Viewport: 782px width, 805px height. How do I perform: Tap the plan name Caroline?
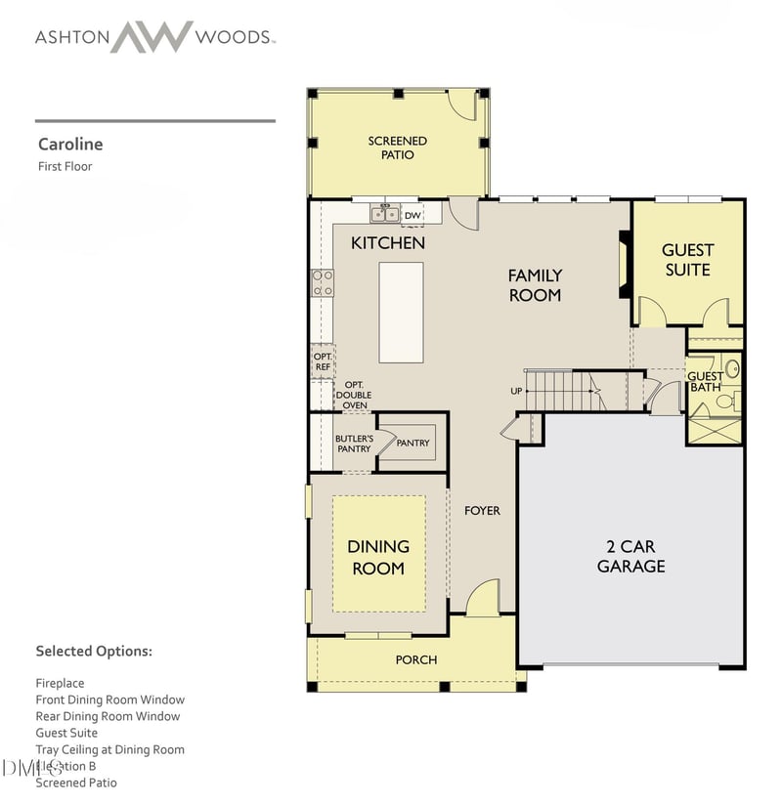coord(69,144)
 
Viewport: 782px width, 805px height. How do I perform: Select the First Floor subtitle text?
coord(65,166)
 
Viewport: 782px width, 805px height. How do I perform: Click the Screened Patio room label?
coord(397,148)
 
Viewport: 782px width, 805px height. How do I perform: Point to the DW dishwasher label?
coord(413,215)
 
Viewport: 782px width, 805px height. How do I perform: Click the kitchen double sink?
coord(384,214)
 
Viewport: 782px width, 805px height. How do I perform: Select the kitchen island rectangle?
coord(401,312)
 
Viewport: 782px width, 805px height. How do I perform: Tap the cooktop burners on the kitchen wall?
coord(323,283)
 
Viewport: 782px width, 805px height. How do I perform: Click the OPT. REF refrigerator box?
coord(323,361)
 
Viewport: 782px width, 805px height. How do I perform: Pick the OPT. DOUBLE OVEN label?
coord(354,394)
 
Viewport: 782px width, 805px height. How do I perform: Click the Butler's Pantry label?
coord(353,444)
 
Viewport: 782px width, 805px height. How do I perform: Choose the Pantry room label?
coord(413,443)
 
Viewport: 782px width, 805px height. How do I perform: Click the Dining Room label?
coord(378,557)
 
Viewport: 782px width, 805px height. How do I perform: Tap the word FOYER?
coord(482,510)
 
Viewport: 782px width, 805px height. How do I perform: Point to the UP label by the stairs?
coord(516,391)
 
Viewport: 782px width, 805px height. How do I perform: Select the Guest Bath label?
coord(705,381)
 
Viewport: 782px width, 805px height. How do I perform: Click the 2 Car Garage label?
coord(630,557)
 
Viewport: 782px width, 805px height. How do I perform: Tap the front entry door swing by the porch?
coord(481,599)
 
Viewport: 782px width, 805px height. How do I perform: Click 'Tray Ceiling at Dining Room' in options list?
coord(109,749)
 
